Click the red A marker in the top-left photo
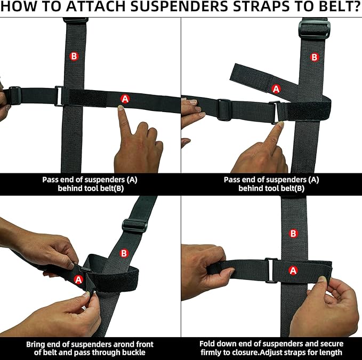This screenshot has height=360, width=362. tap(125, 99)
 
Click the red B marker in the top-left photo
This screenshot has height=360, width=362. tap(74, 56)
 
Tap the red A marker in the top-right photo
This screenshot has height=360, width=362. tap(276, 89)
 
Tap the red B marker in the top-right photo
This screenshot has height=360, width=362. tap(314, 57)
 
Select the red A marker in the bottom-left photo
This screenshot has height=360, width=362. tap(78, 280)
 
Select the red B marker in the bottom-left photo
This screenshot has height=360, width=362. tap(124, 253)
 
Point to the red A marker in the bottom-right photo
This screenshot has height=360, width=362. tap(293, 270)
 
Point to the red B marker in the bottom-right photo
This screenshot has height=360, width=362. tap(293, 234)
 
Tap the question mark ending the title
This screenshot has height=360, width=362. tap(357, 7)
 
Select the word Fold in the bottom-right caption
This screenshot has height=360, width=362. tap(207, 344)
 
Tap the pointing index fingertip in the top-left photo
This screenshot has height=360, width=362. tap(120, 108)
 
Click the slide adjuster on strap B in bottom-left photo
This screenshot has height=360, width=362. tap(134, 226)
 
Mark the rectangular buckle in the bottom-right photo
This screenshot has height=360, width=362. tap(271, 270)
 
